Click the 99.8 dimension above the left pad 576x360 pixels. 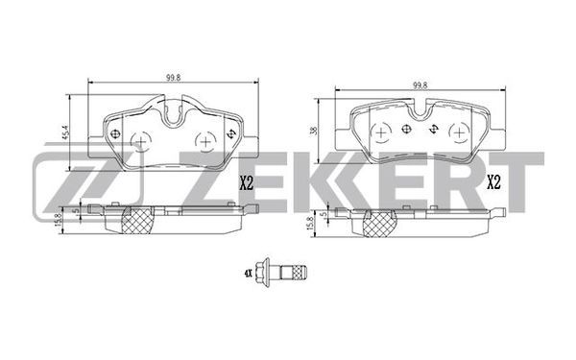(x=174, y=78)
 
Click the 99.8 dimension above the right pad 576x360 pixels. (x=420, y=85)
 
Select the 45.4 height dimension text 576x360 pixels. (x=65, y=132)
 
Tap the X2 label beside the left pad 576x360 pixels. (x=247, y=182)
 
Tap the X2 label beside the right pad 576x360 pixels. (x=493, y=182)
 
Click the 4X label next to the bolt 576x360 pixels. (x=248, y=273)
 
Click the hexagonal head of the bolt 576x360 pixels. (x=264, y=272)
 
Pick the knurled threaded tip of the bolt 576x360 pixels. (x=300, y=273)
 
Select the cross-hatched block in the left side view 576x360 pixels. (x=137, y=221)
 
